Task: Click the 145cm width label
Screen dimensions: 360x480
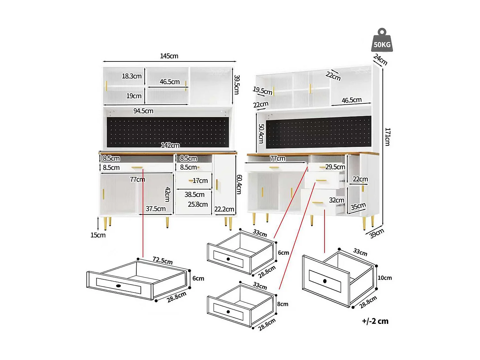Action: [x=169, y=56]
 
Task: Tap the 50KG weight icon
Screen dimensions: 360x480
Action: [x=382, y=41]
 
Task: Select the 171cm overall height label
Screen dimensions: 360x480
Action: [x=388, y=137]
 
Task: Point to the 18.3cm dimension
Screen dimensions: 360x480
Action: [x=132, y=76]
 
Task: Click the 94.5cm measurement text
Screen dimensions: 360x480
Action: [x=143, y=111]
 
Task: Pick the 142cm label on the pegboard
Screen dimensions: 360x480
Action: [x=170, y=145]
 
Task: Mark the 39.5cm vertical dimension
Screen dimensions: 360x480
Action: [x=236, y=84]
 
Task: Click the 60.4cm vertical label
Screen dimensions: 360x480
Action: [x=239, y=184]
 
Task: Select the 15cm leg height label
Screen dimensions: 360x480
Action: [x=98, y=235]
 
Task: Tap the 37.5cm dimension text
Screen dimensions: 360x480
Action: [x=156, y=209]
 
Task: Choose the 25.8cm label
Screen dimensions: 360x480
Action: [x=198, y=204]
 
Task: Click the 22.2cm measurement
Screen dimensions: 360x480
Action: [x=224, y=209]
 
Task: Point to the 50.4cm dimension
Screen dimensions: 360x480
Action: [x=261, y=134]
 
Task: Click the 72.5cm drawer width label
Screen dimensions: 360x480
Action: [x=163, y=260]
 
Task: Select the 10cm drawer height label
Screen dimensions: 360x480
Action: [x=385, y=278]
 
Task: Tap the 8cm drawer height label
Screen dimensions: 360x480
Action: [x=283, y=304]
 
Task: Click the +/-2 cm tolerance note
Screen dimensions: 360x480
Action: [x=375, y=321]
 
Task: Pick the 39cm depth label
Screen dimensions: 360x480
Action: [x=376, y=233]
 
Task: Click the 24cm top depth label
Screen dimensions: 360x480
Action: [x=380, y=60]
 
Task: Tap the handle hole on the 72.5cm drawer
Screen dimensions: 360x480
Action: [x=118, y=286]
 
